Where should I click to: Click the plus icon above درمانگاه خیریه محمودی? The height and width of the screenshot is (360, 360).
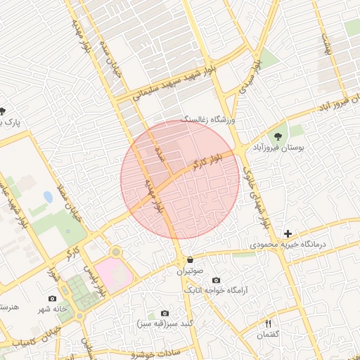[287, 233]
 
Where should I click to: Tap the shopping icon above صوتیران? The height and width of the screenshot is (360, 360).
[190, 259]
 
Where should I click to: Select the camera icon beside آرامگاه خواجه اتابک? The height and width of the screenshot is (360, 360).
[215, 280]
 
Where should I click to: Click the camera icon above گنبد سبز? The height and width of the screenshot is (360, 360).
[164, 314]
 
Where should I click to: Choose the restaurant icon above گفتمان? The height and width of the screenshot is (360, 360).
[268, 323]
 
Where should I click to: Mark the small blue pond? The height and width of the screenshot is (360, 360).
[48, 197]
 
